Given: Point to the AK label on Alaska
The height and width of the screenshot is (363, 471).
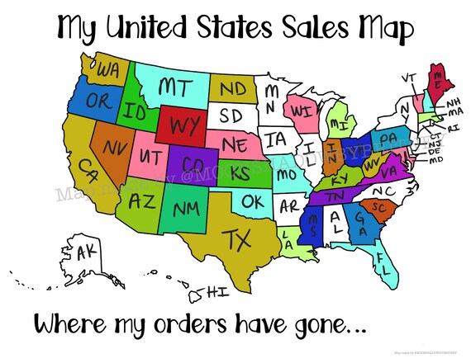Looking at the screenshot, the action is click(x=86, y=253).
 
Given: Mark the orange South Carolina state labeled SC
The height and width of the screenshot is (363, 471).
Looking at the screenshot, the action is click(x=381, y=205).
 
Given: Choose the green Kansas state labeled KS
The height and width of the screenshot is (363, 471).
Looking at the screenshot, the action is click(x=240, y=174).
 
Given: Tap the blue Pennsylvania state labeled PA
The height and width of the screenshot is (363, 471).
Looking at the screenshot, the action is click(x=388, y=136).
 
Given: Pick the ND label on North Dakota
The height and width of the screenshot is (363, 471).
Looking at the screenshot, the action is click(x=232, y=86).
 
